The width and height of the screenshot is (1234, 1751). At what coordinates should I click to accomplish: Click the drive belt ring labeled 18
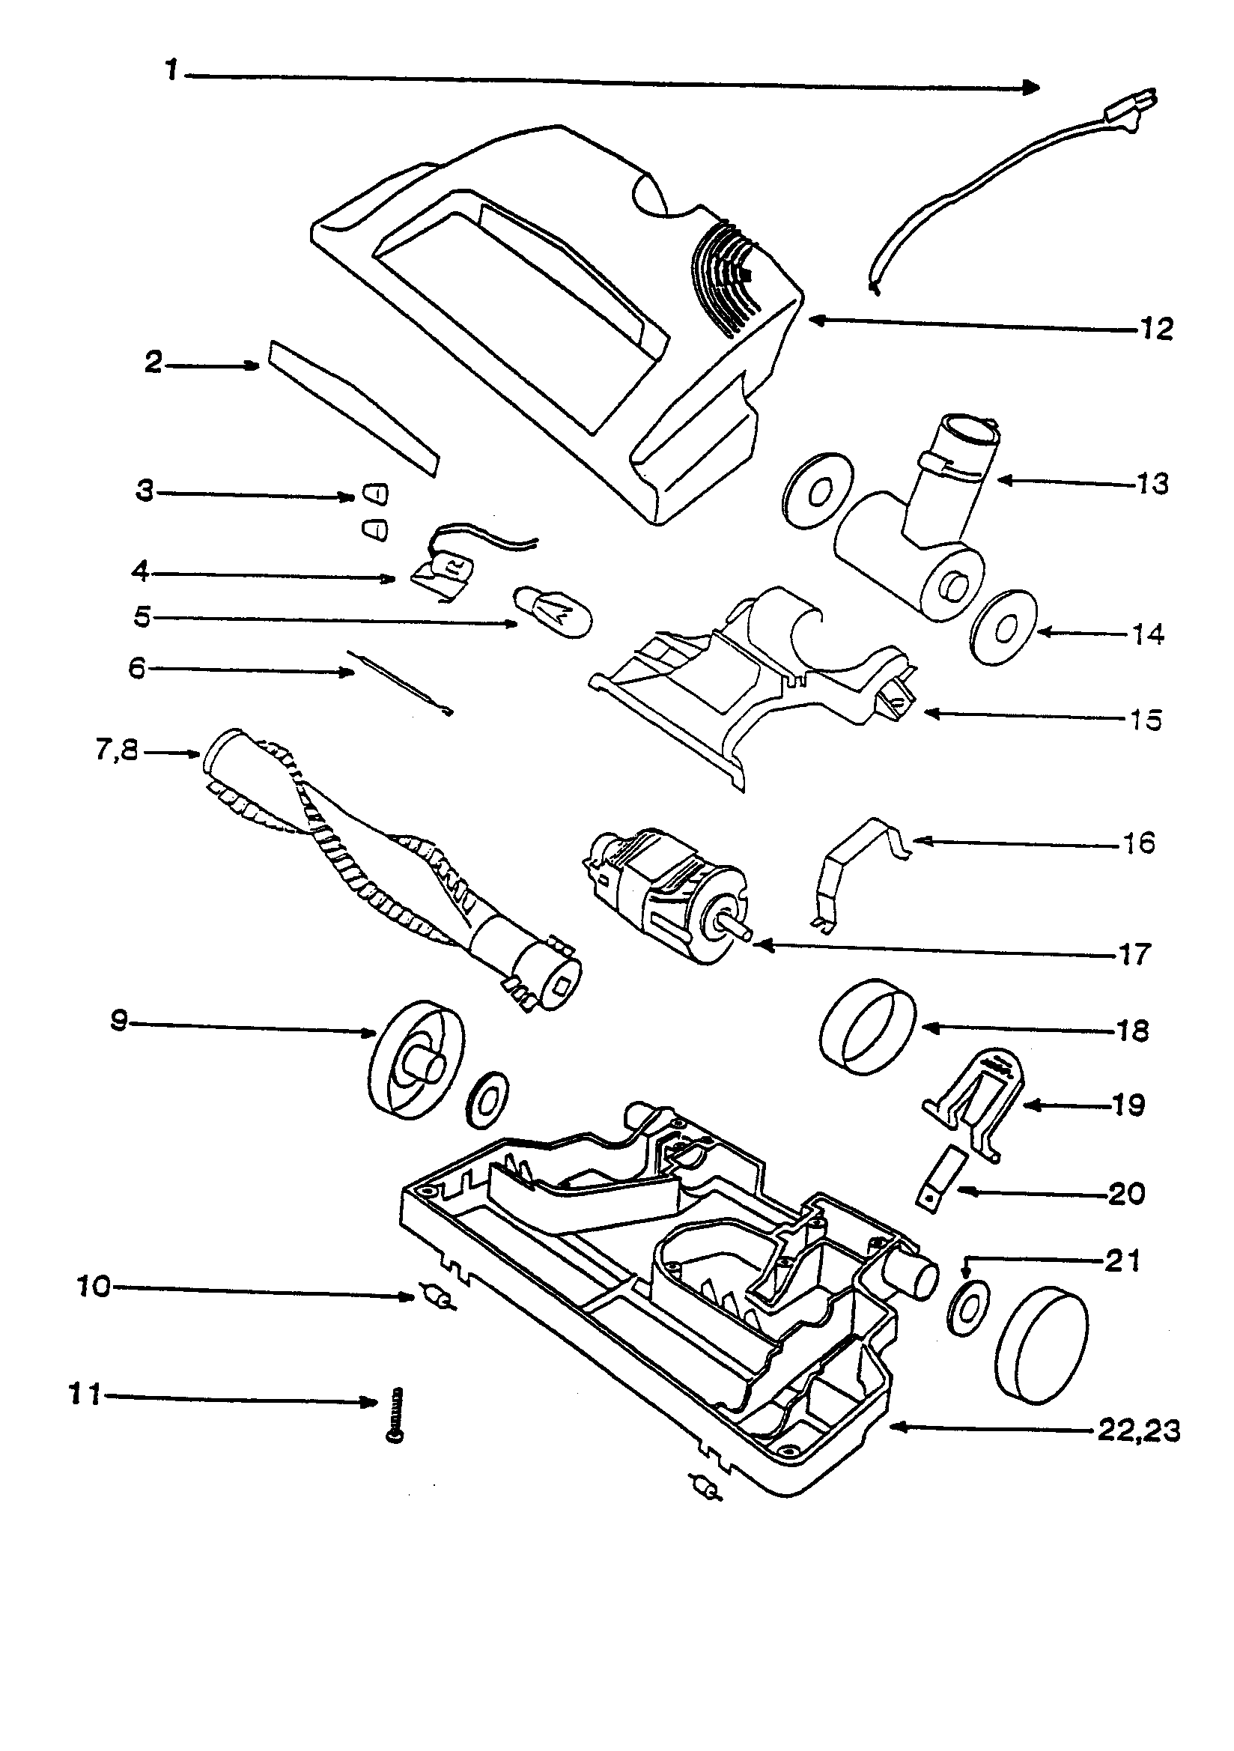click(x=868, y=1028)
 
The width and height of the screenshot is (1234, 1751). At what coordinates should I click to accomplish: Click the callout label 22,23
click(x=1139, y=1430)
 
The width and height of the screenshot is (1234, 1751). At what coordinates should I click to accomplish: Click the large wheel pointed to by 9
click(x=416, y=1059)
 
